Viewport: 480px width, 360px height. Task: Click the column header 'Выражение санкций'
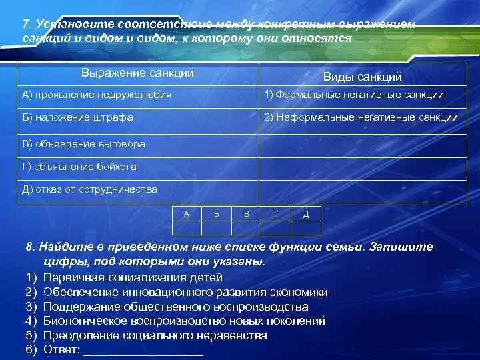click(137, 72)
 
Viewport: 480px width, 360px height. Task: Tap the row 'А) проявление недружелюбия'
click(97, 95)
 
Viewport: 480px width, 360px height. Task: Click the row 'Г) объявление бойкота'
click(79, 166)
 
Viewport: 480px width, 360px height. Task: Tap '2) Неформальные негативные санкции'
click(361, 117)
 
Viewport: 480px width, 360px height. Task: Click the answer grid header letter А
click(186, 213)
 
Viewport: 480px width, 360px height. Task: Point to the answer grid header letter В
click(247, 213)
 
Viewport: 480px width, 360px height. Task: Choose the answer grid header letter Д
click(305, 213)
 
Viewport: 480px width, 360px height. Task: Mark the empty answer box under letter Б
click(217, 228)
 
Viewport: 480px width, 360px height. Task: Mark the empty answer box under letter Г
click(276, 228)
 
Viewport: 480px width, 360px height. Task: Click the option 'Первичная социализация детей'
click(133, 277)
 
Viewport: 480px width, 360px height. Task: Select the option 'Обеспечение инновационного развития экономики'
click(185, 291)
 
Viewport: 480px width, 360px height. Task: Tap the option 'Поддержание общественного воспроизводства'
click(176, 306)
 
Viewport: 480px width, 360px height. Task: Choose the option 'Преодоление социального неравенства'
click(155, 335)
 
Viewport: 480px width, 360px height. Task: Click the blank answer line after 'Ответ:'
click(143, 350)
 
